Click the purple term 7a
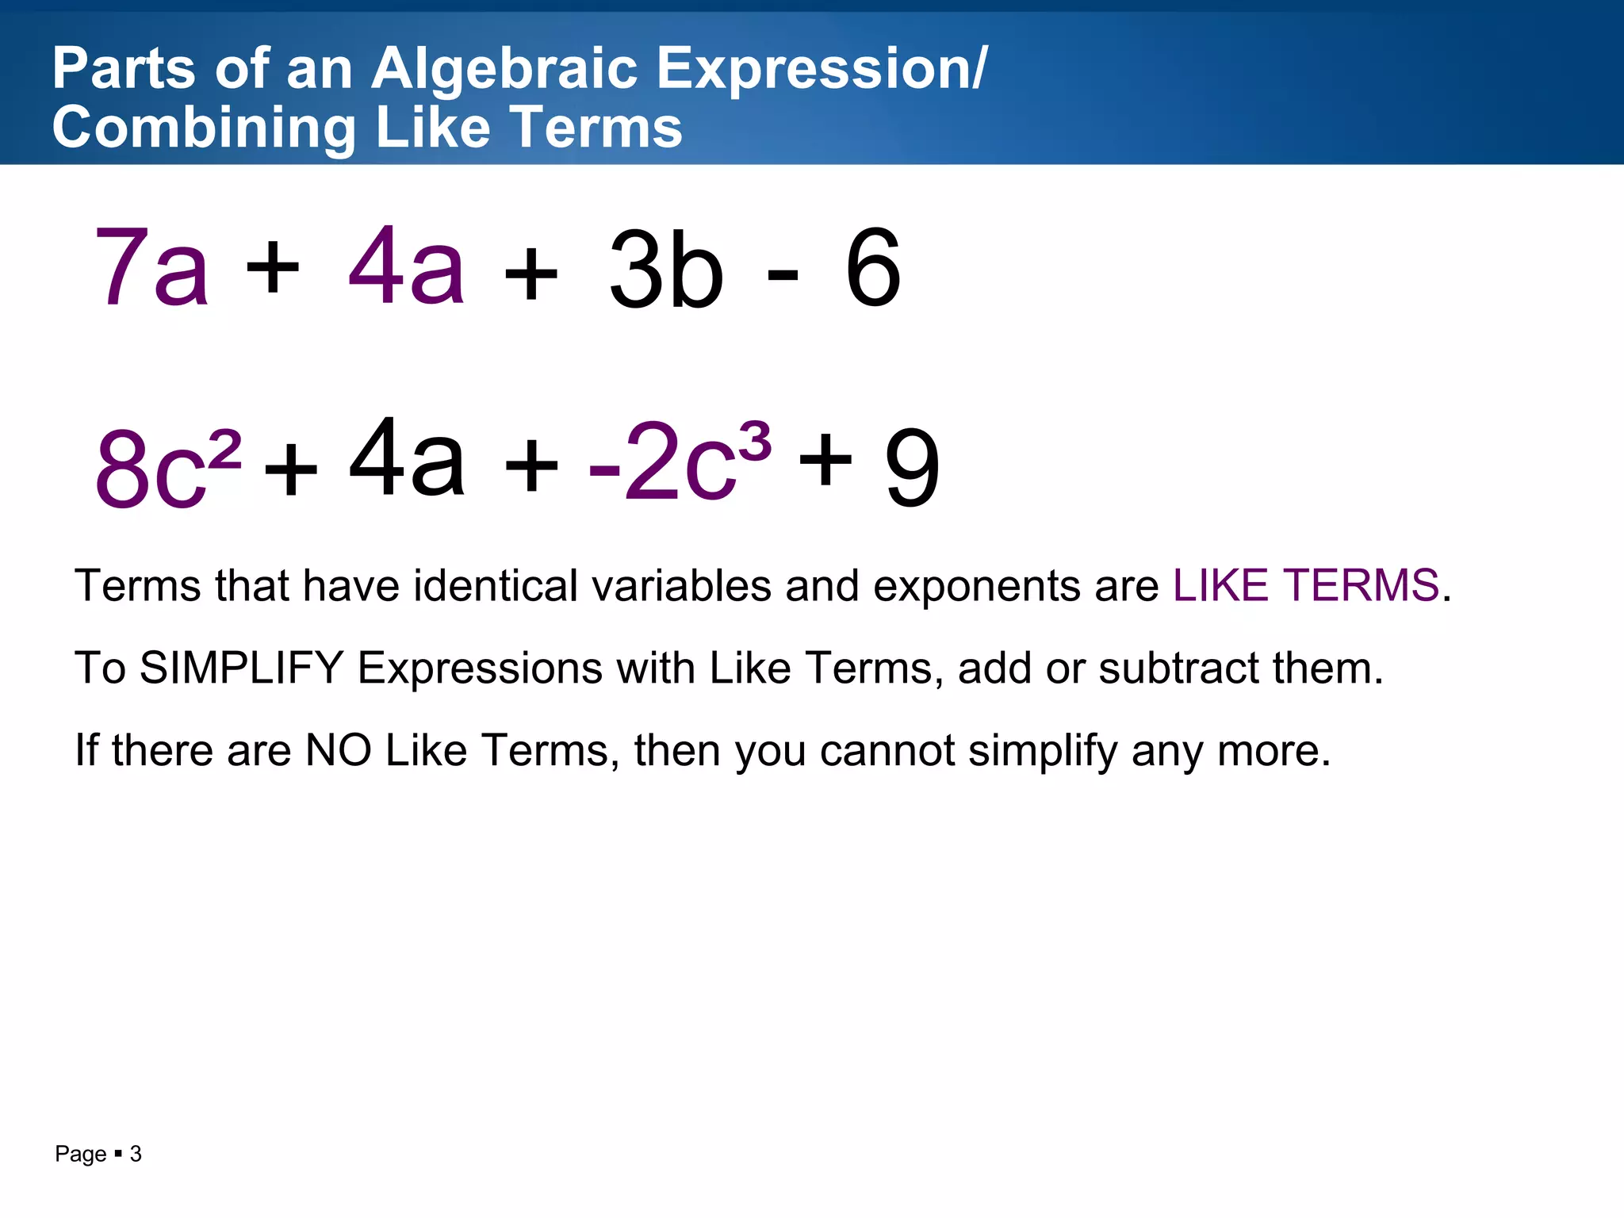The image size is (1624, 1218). [x=151, y=268]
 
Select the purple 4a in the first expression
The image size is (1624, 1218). [x=406, y=266]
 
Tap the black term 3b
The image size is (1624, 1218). [x=666, y=270]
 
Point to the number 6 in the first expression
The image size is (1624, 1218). [x=873, y=268]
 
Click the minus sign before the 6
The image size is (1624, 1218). [x=783, y=274]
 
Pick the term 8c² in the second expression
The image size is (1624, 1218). [x=167, y=468]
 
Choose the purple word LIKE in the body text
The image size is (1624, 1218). [x=1221, y=586]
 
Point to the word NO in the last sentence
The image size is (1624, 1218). [x=339, y=750]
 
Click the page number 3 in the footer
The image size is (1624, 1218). [x=136, y=1154]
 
